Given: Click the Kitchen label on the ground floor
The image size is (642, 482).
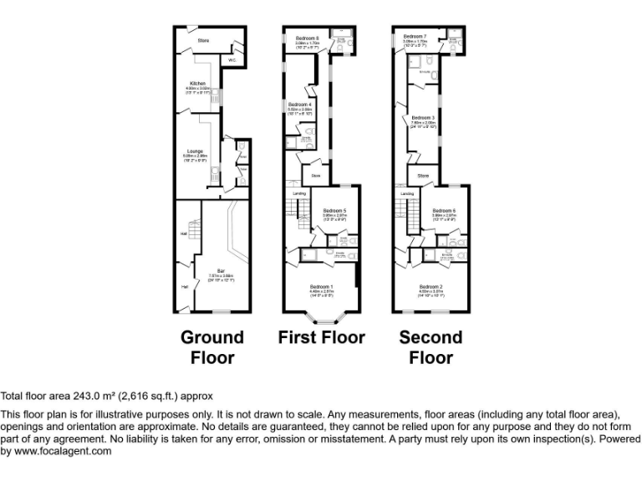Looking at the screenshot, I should (197, 84).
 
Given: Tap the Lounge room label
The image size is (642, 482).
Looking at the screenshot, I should (195, 151).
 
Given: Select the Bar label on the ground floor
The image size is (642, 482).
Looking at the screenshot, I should (221, 270).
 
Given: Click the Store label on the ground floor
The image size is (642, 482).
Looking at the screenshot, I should (202, 39).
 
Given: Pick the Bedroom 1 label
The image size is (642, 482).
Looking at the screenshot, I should (321, 286).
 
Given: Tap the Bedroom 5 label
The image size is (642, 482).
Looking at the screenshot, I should (334, 210).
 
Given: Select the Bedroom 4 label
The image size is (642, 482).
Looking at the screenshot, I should (299, 105).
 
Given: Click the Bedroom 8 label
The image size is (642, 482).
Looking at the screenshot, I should (307, 38).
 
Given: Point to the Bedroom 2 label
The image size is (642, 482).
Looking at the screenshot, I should (431, 286).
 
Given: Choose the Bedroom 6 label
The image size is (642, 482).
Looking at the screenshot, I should (444, 210).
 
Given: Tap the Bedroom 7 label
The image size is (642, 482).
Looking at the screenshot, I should (415, 37).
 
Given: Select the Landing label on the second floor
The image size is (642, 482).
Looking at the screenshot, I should (407, 193).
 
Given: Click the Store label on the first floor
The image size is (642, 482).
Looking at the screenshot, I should (316, 176).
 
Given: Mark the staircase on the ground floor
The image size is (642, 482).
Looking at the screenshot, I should (194, 230).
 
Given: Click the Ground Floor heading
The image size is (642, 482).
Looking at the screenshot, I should (212, 347).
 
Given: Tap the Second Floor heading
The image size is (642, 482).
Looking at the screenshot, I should (431, 347).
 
